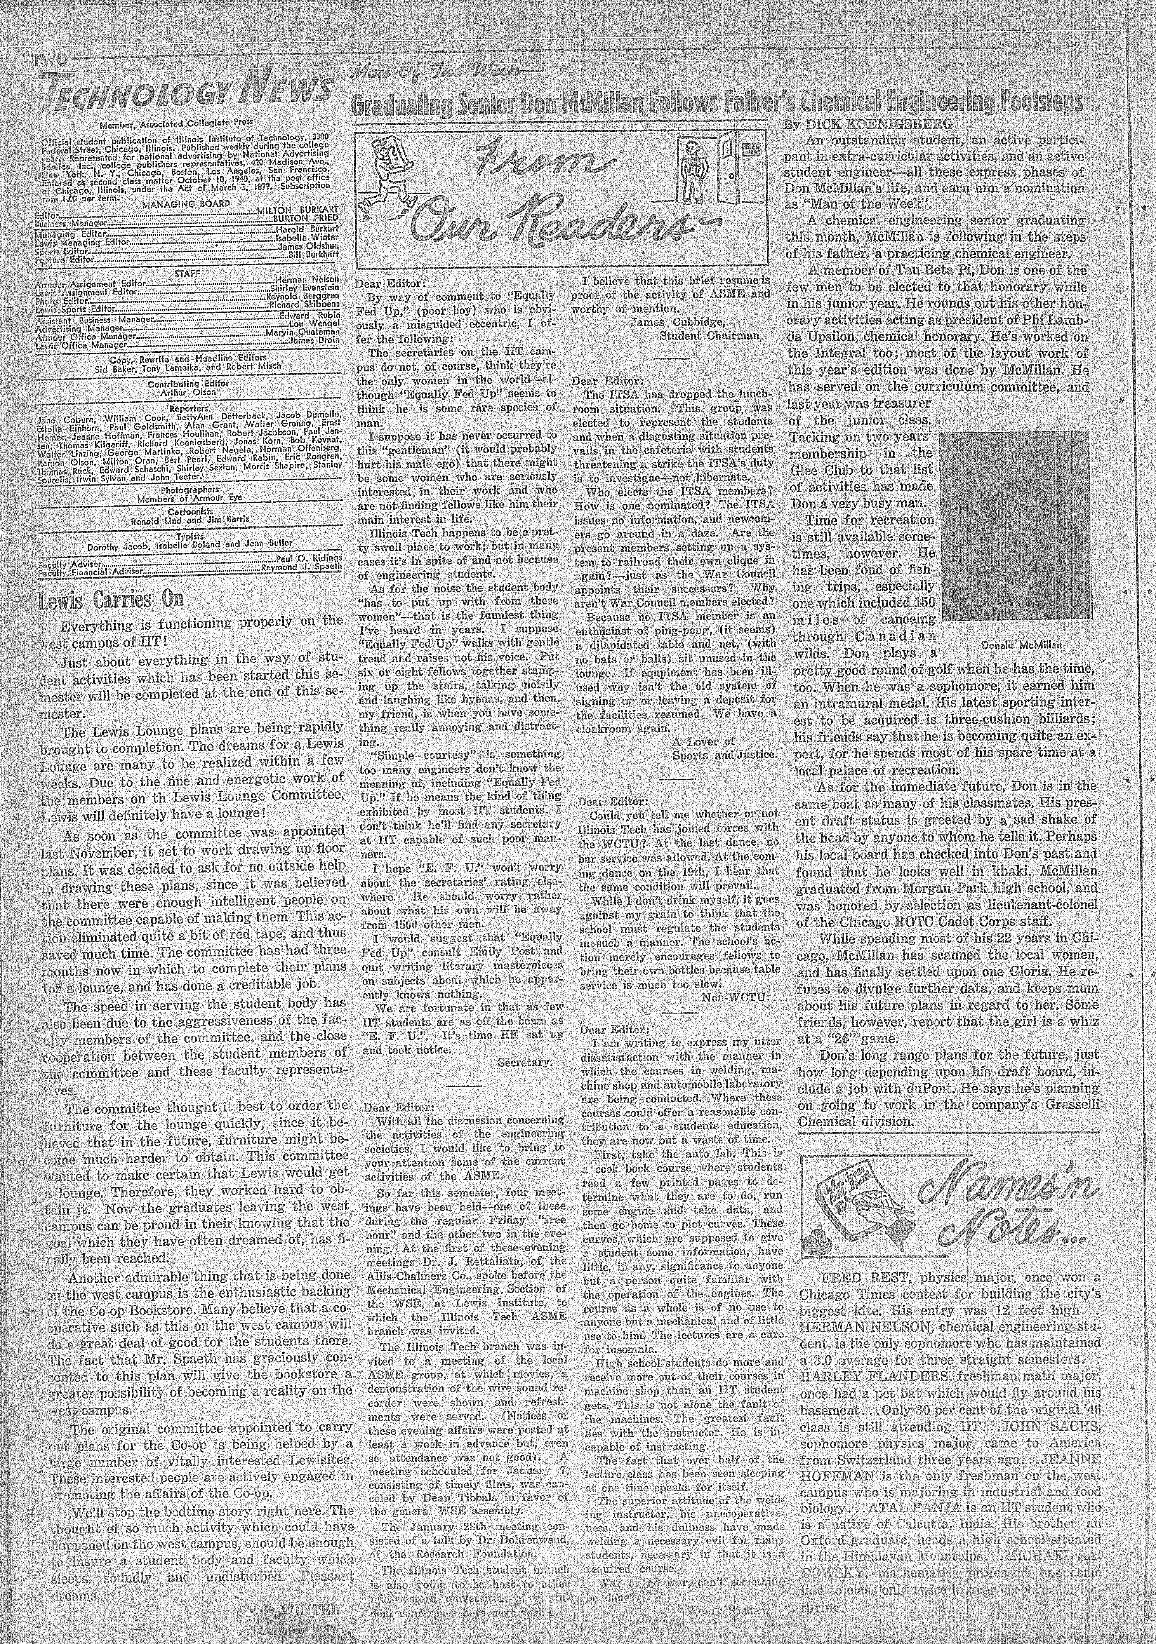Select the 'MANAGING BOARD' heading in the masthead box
pyautogui.click(x=186, y=203)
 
